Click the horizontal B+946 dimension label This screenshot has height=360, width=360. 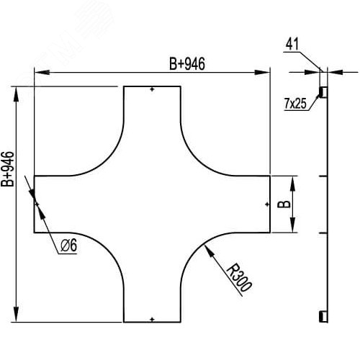click(187, 64)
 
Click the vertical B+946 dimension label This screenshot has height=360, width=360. click(8, 169)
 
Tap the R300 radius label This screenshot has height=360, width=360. click(239, 277)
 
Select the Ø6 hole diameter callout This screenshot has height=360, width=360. click(69, 246)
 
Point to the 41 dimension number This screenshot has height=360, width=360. click(292, 44)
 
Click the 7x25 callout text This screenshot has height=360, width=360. click(295, 104)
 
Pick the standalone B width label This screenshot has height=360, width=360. click(284, 204)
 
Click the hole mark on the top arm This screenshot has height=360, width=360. click(152, 89)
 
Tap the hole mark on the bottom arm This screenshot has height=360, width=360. click(152, 319)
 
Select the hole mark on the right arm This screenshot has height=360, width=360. click(267, 204)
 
